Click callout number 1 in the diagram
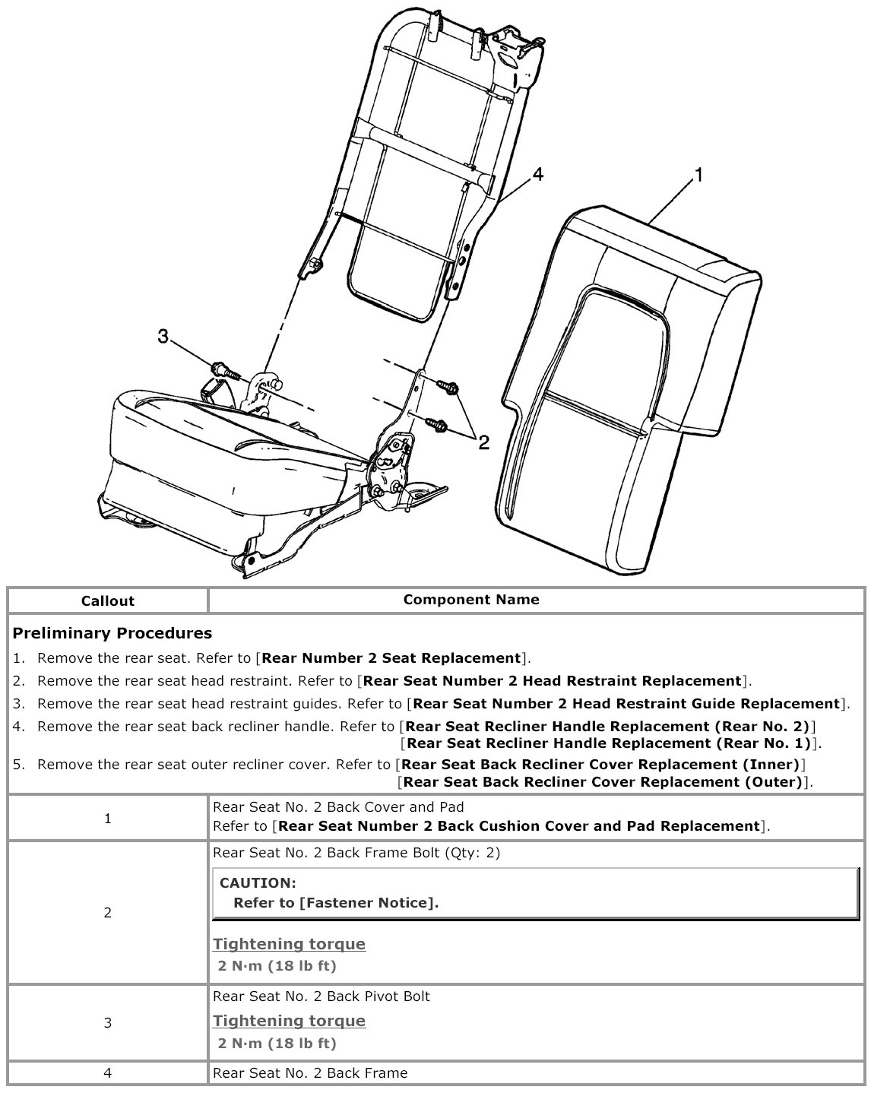[x=698, y=176]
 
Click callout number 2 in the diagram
[x=483, y=442]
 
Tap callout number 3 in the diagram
[x=163, y=336]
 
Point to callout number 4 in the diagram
[x=537, y=175]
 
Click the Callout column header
[x=108, y=600]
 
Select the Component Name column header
[x=471, y=599]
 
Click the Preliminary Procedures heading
[x=112, y=633]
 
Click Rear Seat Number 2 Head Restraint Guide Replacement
[x=626, y=704]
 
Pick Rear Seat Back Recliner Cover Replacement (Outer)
[x=603, y=781]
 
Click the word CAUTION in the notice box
[x=257, y=883]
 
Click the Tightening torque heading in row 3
[x=289, y=1021]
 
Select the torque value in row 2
[x=277, y=966]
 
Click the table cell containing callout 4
[x=108, y=1073]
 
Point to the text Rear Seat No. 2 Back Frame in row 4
[x=310, y=1073]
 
